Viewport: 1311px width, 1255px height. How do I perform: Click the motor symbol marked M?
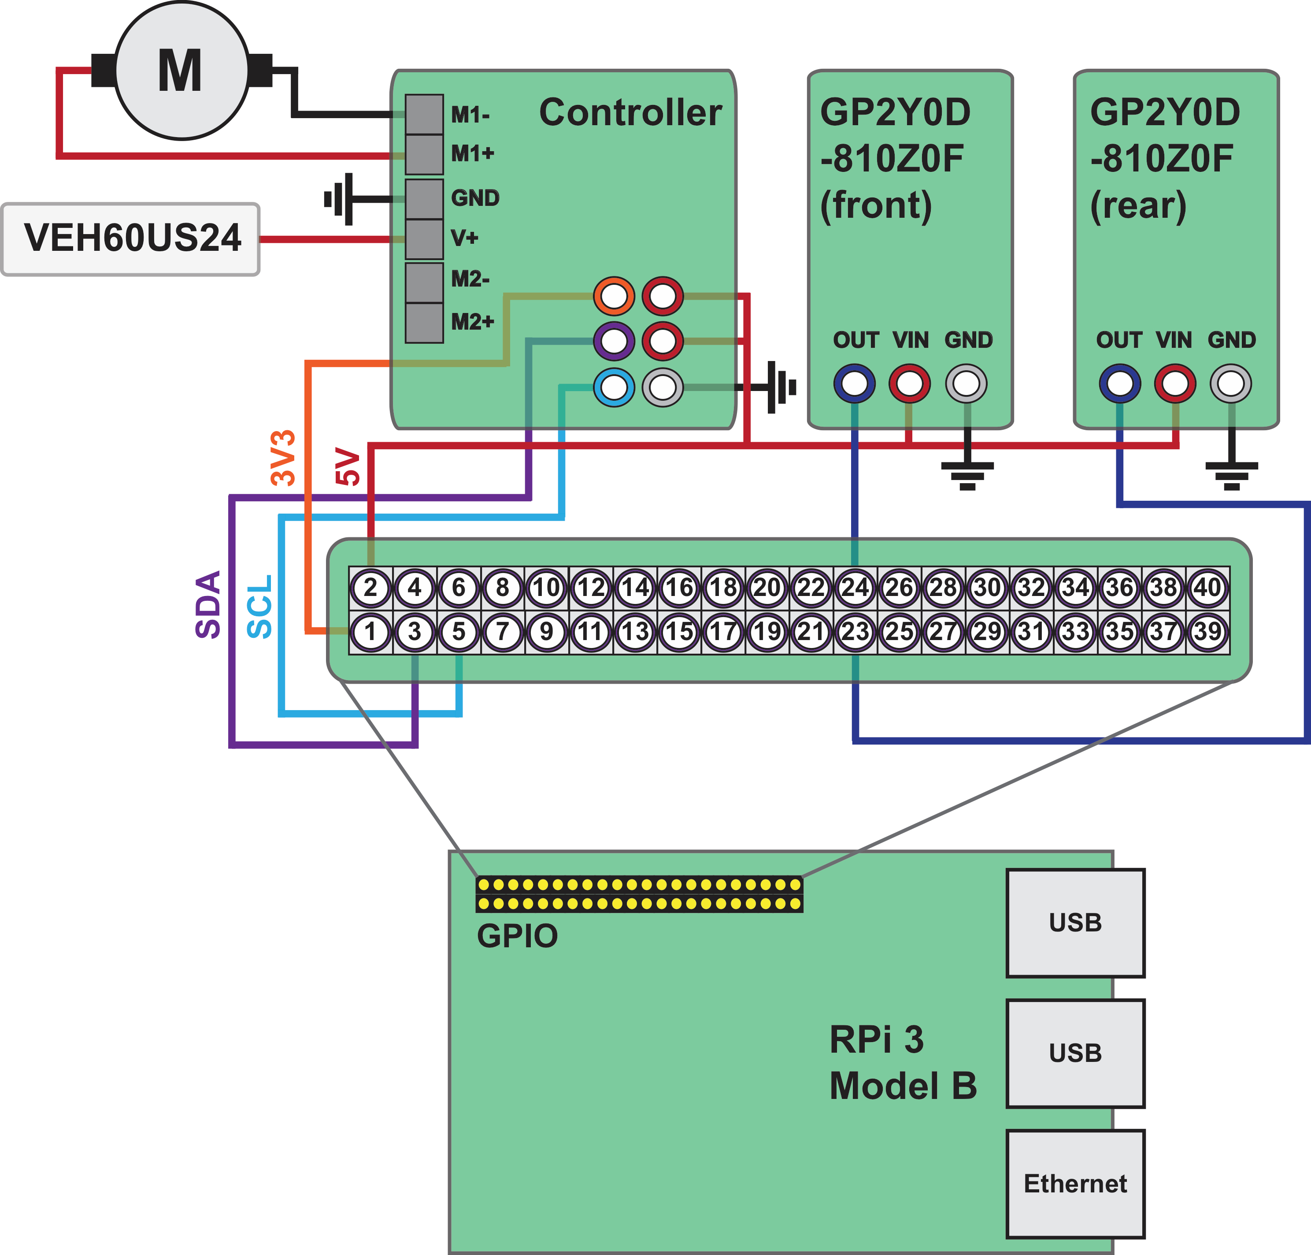(x=181, y=70)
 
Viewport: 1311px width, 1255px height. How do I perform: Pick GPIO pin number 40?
(x=1207, y=587)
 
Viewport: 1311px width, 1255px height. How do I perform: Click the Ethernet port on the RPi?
(x=1075, y=1184)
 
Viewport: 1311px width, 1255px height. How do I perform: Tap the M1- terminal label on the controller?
(x=470, y=115)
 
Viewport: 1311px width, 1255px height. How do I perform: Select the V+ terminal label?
(x=465, y=238)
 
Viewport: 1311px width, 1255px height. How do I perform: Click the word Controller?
(x=630, y=112)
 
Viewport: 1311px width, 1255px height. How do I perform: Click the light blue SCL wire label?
(x=259, y=606)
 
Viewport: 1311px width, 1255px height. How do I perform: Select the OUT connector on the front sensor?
(x=854, y=384)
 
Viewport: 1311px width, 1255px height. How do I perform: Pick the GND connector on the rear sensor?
(x=1231, y=384)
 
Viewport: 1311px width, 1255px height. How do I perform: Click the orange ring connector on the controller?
(x=614, y=296)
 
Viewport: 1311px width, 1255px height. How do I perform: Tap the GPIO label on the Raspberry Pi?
(x=517, y=936)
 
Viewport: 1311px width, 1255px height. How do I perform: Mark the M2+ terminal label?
(x=472, y=322)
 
